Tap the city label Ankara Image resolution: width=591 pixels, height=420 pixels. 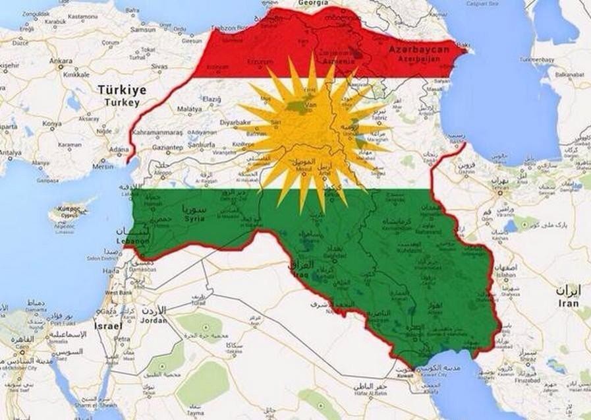pyautogui.click(x=61, y=61)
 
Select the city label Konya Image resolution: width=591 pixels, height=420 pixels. pyautogui.click(x=52, y=123)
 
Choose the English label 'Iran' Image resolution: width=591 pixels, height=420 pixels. pyautogui.click(x=567, y=303)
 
